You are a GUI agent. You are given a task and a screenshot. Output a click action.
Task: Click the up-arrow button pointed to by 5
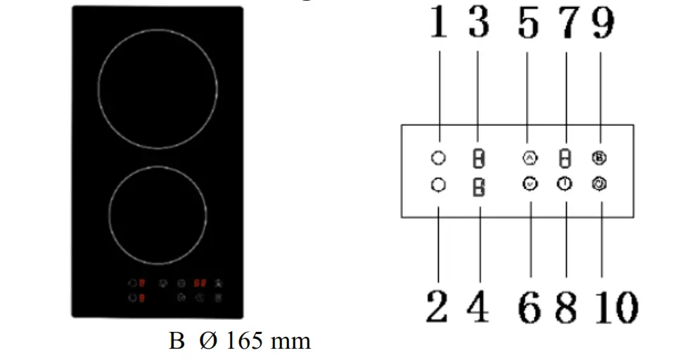point(530,158)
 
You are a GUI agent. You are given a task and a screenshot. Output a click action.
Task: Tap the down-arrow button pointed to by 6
point(530,184)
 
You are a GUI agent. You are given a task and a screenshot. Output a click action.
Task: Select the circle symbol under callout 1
point(437,159)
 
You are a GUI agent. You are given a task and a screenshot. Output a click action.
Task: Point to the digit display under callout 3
point(478,160)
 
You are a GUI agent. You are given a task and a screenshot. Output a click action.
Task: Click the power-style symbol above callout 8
point(564,184)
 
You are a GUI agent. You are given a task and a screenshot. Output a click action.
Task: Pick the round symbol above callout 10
point(601,184)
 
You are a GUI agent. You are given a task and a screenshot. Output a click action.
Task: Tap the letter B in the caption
point(176,342)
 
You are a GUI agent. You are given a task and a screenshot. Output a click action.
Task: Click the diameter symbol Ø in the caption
point(208,342)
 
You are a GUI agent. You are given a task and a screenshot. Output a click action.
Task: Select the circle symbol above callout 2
point(437,184)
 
